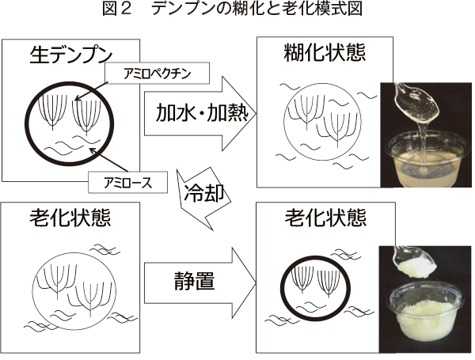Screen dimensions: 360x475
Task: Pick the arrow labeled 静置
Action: point(198,279)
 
